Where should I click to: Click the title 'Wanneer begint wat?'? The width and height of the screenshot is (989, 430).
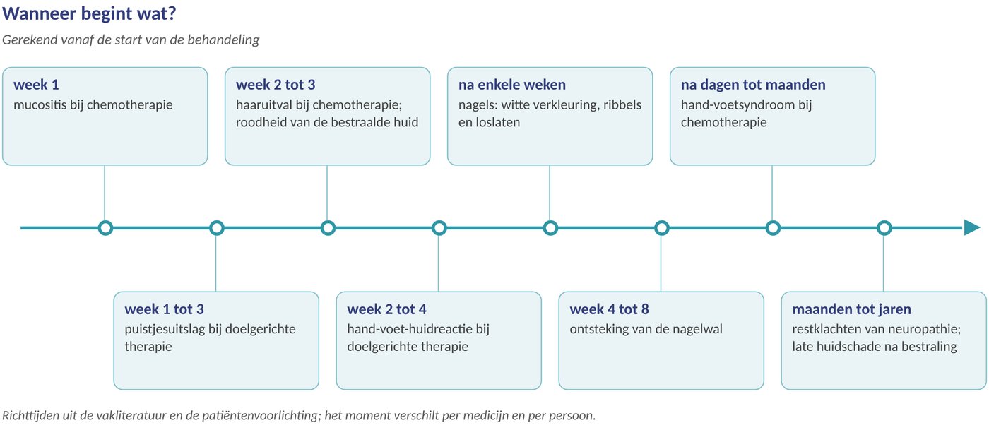tap(89, 14)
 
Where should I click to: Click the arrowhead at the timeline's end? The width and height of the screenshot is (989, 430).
tap(972, 228)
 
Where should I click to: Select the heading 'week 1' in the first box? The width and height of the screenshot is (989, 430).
tap(36, 85)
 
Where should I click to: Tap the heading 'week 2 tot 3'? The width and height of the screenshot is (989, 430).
tap(276, 85)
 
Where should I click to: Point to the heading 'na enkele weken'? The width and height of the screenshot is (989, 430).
tap(511, 85)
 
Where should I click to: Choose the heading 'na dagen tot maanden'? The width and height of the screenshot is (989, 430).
tap(753, 85)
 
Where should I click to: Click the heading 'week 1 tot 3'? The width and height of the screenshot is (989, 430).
tap(164, 309)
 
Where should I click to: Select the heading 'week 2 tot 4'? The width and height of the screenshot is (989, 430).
tap(387, 309)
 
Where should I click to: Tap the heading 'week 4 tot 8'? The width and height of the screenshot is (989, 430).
tap(609, 309)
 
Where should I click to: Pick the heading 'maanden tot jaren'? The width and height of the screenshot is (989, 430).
tap(852, 309)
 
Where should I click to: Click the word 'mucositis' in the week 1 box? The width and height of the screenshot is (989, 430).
tap(40, 105)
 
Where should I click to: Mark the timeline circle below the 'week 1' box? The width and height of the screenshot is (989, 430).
tap(105, 228)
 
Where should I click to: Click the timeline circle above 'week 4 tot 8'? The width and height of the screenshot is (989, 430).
tap(661, 228)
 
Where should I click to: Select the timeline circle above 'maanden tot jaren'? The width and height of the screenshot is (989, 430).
tap(884, 228)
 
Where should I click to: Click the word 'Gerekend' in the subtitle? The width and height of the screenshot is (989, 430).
tap(30, 40)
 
